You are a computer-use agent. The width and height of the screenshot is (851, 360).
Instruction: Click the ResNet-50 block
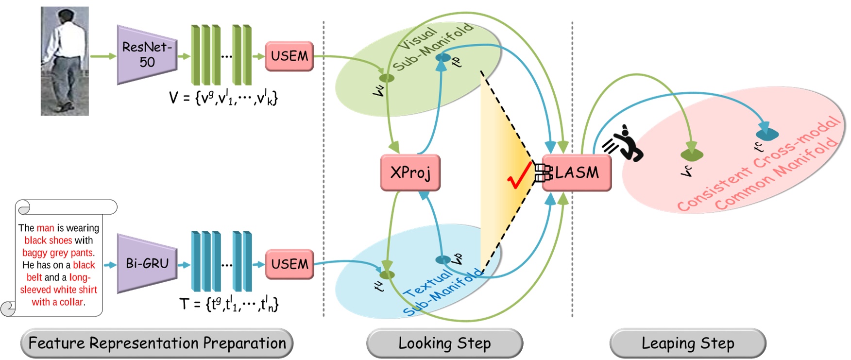coord(147,54)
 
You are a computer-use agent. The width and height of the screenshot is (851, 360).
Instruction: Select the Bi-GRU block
coord(147,263)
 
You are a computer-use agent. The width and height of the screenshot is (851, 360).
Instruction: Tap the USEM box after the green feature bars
coord(289,56)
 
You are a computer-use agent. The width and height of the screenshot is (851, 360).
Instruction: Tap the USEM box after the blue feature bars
coord(289,264)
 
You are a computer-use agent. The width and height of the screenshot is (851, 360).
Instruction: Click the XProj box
coord(410,172)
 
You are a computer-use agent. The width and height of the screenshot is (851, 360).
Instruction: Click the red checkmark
coord(519,176)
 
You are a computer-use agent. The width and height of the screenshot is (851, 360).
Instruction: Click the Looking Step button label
coord(444,343)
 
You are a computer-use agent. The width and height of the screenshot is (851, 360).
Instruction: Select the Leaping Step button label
coord(688,343)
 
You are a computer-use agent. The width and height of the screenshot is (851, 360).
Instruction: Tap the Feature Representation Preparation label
coord(157,343)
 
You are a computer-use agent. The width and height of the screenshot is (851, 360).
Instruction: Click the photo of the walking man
coord(65,61)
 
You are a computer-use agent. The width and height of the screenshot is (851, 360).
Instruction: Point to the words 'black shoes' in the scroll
coord(48,240)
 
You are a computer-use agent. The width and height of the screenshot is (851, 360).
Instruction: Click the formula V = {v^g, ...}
coord(223,98)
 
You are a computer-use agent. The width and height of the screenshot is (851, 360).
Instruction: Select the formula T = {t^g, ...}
coord(229,304)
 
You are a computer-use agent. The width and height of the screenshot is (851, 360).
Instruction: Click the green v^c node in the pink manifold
coord(692,155)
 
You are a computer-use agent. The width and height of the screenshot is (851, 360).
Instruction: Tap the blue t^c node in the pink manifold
coord(767,133)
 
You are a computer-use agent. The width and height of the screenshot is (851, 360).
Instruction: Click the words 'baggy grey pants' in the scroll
coord(58,253)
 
